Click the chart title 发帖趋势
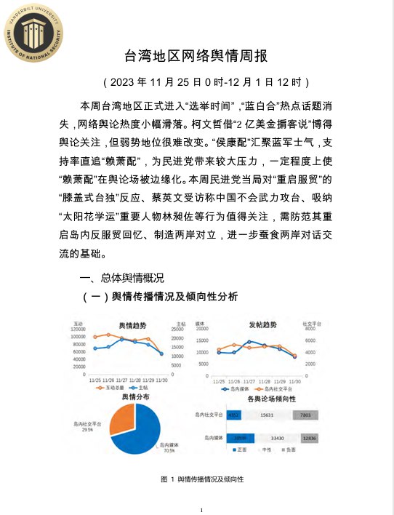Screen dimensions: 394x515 [x=260, y=324]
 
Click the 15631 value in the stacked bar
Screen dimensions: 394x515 [x=266, y=414]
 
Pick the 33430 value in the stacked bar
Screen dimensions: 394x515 [x=277, y=438]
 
